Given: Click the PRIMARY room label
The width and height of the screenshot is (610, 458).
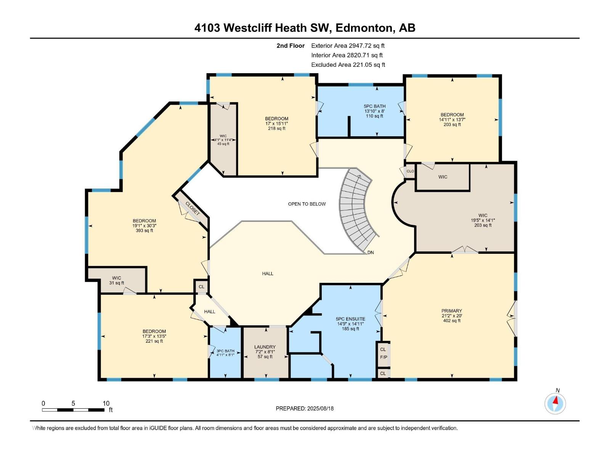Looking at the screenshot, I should [x=452, y=311].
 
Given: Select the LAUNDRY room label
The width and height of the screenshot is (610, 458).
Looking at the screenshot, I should [x=265, y=347].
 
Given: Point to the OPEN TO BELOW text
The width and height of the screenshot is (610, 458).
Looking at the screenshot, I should [x=307, y=204].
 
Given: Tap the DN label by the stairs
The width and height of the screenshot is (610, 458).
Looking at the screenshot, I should [x=371, y=252].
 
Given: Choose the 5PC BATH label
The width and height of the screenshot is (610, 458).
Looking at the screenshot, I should [x=374, y=106].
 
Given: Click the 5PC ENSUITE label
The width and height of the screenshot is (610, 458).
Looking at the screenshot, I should [x=350, y=319].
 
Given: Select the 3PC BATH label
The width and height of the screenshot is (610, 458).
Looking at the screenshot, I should [x=225, y=351].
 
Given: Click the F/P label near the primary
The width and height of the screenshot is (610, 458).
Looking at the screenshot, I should [x=383, y=357].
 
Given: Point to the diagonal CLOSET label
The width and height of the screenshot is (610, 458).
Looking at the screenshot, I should [x=192, y=208].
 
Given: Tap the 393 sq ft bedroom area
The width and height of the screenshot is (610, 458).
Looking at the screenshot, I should [x=144, y=231].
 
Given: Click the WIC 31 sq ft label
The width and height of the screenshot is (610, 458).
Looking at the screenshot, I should [x=117, y=281].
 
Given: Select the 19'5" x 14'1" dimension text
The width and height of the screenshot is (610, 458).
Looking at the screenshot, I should [x=483, y=220].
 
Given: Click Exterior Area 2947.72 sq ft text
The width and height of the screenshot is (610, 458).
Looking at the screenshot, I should [x=348, y=45].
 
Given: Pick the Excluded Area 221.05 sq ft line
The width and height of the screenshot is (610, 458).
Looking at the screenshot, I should [x=348, y=65].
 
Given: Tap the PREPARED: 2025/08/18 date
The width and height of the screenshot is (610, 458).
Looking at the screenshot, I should [x=305, y=408].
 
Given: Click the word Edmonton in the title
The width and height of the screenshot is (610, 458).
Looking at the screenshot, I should [x=364, y=28].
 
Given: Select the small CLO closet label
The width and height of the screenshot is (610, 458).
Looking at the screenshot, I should [x=410, y=171].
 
